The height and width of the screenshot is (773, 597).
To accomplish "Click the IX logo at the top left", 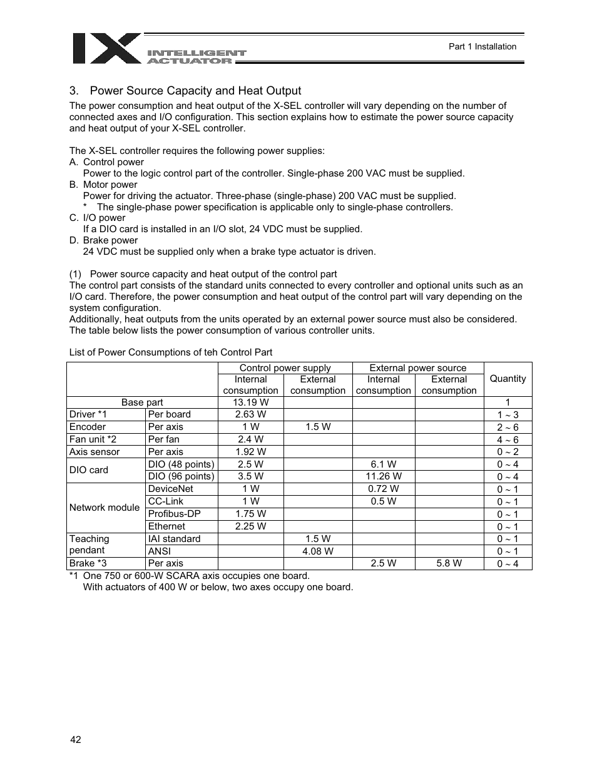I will [106, 48].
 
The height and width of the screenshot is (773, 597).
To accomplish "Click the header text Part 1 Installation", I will [482, 46].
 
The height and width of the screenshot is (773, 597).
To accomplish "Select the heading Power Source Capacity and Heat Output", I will [195, 91].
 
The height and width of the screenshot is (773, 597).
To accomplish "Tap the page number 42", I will [75, 740].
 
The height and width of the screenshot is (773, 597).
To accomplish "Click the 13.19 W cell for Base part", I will [250, 402].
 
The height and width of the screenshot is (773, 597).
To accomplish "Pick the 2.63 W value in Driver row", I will [250, 414].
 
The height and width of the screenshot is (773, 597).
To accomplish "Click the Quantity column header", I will [508, 379].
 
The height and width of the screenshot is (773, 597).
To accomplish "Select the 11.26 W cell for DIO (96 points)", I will [383, 476].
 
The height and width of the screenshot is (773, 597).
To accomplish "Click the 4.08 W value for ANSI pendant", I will [317, 551].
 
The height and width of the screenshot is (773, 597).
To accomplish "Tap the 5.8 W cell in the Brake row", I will [449, 563].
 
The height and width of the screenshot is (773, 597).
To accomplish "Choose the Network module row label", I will [105, 508].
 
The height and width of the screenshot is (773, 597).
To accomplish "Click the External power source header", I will [417, 368].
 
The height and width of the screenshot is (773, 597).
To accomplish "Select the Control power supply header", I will [285, 368].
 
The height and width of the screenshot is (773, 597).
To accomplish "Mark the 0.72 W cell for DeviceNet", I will [383, 489].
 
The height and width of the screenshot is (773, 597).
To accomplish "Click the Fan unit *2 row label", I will [93, 439].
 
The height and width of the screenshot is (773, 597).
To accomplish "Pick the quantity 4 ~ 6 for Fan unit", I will [508, 440].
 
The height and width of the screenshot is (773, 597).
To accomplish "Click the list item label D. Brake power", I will [103, 240].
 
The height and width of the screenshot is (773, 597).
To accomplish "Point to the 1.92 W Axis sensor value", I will [250, 452].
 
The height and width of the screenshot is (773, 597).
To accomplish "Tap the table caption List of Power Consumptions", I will [170, 352].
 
